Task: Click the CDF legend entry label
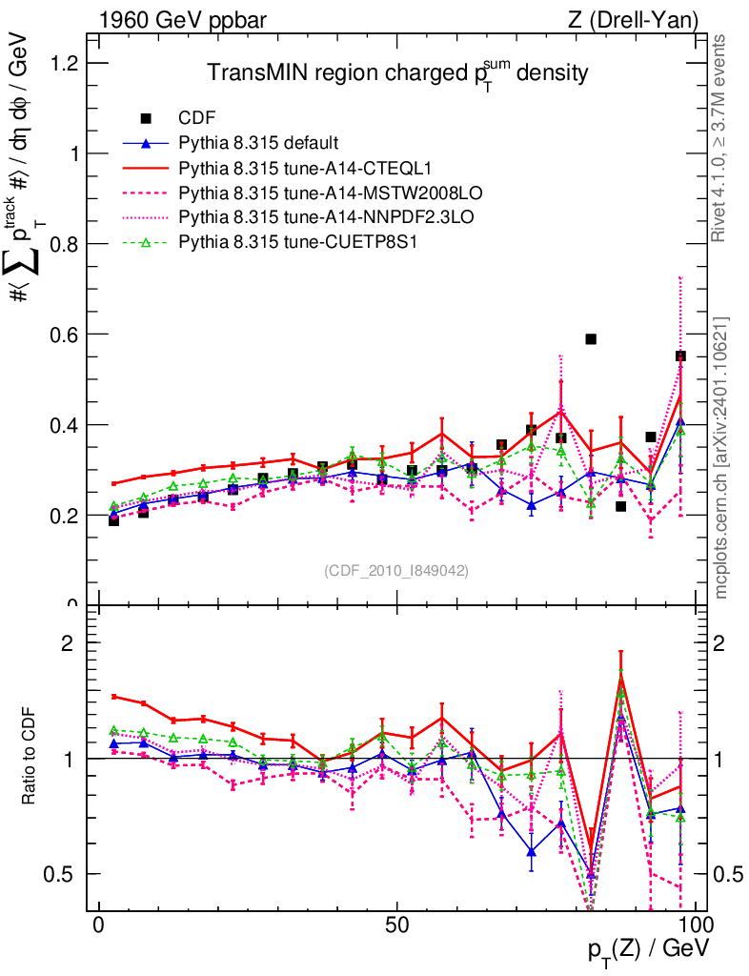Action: pyautogui.click(x=198, y=118)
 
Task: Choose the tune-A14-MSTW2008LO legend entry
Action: pyautogui.click(x=299, y=193)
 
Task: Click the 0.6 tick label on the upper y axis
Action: pyautogui.click(x=66, y=335)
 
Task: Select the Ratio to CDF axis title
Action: pyautogui.click(x=29, y=759)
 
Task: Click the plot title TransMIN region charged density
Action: pyautogui.click(x=397, y=72)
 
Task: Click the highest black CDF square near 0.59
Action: pyautogui.click(x=591, y=339)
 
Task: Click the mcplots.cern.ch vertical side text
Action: pyautogui.click(x=721, y=457)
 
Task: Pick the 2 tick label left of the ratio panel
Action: pyautogui.click(x=68, y=643)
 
